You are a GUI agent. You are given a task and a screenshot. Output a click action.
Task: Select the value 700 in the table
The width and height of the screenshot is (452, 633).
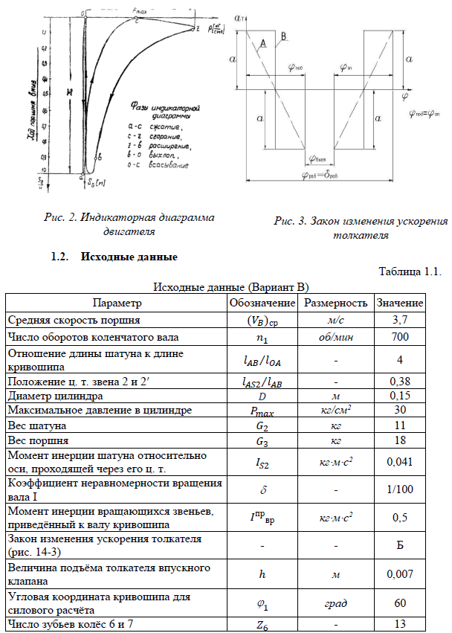[400, 336]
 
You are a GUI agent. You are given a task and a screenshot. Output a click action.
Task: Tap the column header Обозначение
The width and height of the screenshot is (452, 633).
[261, 303]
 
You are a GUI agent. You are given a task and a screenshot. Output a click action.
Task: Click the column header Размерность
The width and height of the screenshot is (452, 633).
[334, 303]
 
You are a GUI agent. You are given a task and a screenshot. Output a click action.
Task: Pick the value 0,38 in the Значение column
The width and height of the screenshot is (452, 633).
[400, 381]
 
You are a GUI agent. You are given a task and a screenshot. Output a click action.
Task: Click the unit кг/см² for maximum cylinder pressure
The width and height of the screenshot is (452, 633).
[334, 411]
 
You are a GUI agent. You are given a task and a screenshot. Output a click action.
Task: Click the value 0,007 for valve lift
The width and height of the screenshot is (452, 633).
[400, 575]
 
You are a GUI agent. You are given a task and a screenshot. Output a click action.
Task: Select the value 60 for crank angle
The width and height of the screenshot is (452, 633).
[400, 604]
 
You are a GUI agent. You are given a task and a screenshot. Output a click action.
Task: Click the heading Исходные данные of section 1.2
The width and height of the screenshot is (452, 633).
[130, 258]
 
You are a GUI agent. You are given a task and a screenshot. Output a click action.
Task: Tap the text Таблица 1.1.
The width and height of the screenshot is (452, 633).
[410, 271]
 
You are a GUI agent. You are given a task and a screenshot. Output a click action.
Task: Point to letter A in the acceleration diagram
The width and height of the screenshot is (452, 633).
[262, 46]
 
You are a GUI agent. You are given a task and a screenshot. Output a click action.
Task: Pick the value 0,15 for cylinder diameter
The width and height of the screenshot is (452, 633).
[400, 396]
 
